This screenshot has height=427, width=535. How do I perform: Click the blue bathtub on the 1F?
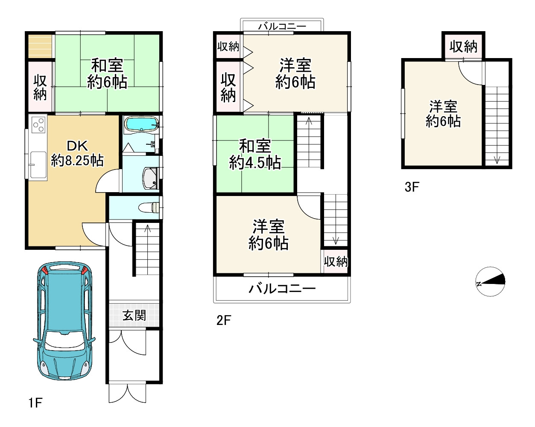[x=142, y=123]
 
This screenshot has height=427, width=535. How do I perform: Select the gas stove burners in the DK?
[x=38, y=125]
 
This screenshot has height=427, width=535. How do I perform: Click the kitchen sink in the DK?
[x=38, y=165]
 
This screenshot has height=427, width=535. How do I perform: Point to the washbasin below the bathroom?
[x=150, y=178]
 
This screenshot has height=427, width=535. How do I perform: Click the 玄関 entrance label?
[x=134, y=316]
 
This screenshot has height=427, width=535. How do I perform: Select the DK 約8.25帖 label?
[x=77, y=153]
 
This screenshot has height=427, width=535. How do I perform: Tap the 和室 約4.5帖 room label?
[x=255, y=155]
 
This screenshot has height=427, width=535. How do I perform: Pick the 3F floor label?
[x=412, y=187]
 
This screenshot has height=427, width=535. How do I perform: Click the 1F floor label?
[x=35, y=403]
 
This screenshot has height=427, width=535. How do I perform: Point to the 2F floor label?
[x=224, y=320]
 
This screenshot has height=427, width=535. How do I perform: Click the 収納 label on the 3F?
[x=463, y=46]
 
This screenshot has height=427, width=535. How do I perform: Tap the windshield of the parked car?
[x=64, y=339]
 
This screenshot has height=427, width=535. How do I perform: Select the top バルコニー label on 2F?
[x=282, y=26]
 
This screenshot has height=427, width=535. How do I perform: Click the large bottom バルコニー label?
[x=282, y=289]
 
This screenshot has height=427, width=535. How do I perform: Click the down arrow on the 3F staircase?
[x=497, y=160]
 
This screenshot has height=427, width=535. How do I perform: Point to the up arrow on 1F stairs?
[x=148, y=229]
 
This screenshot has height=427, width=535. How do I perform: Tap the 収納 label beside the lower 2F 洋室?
[x=336, y=262]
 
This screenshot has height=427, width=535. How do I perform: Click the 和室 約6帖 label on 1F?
[x=107, y=73]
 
